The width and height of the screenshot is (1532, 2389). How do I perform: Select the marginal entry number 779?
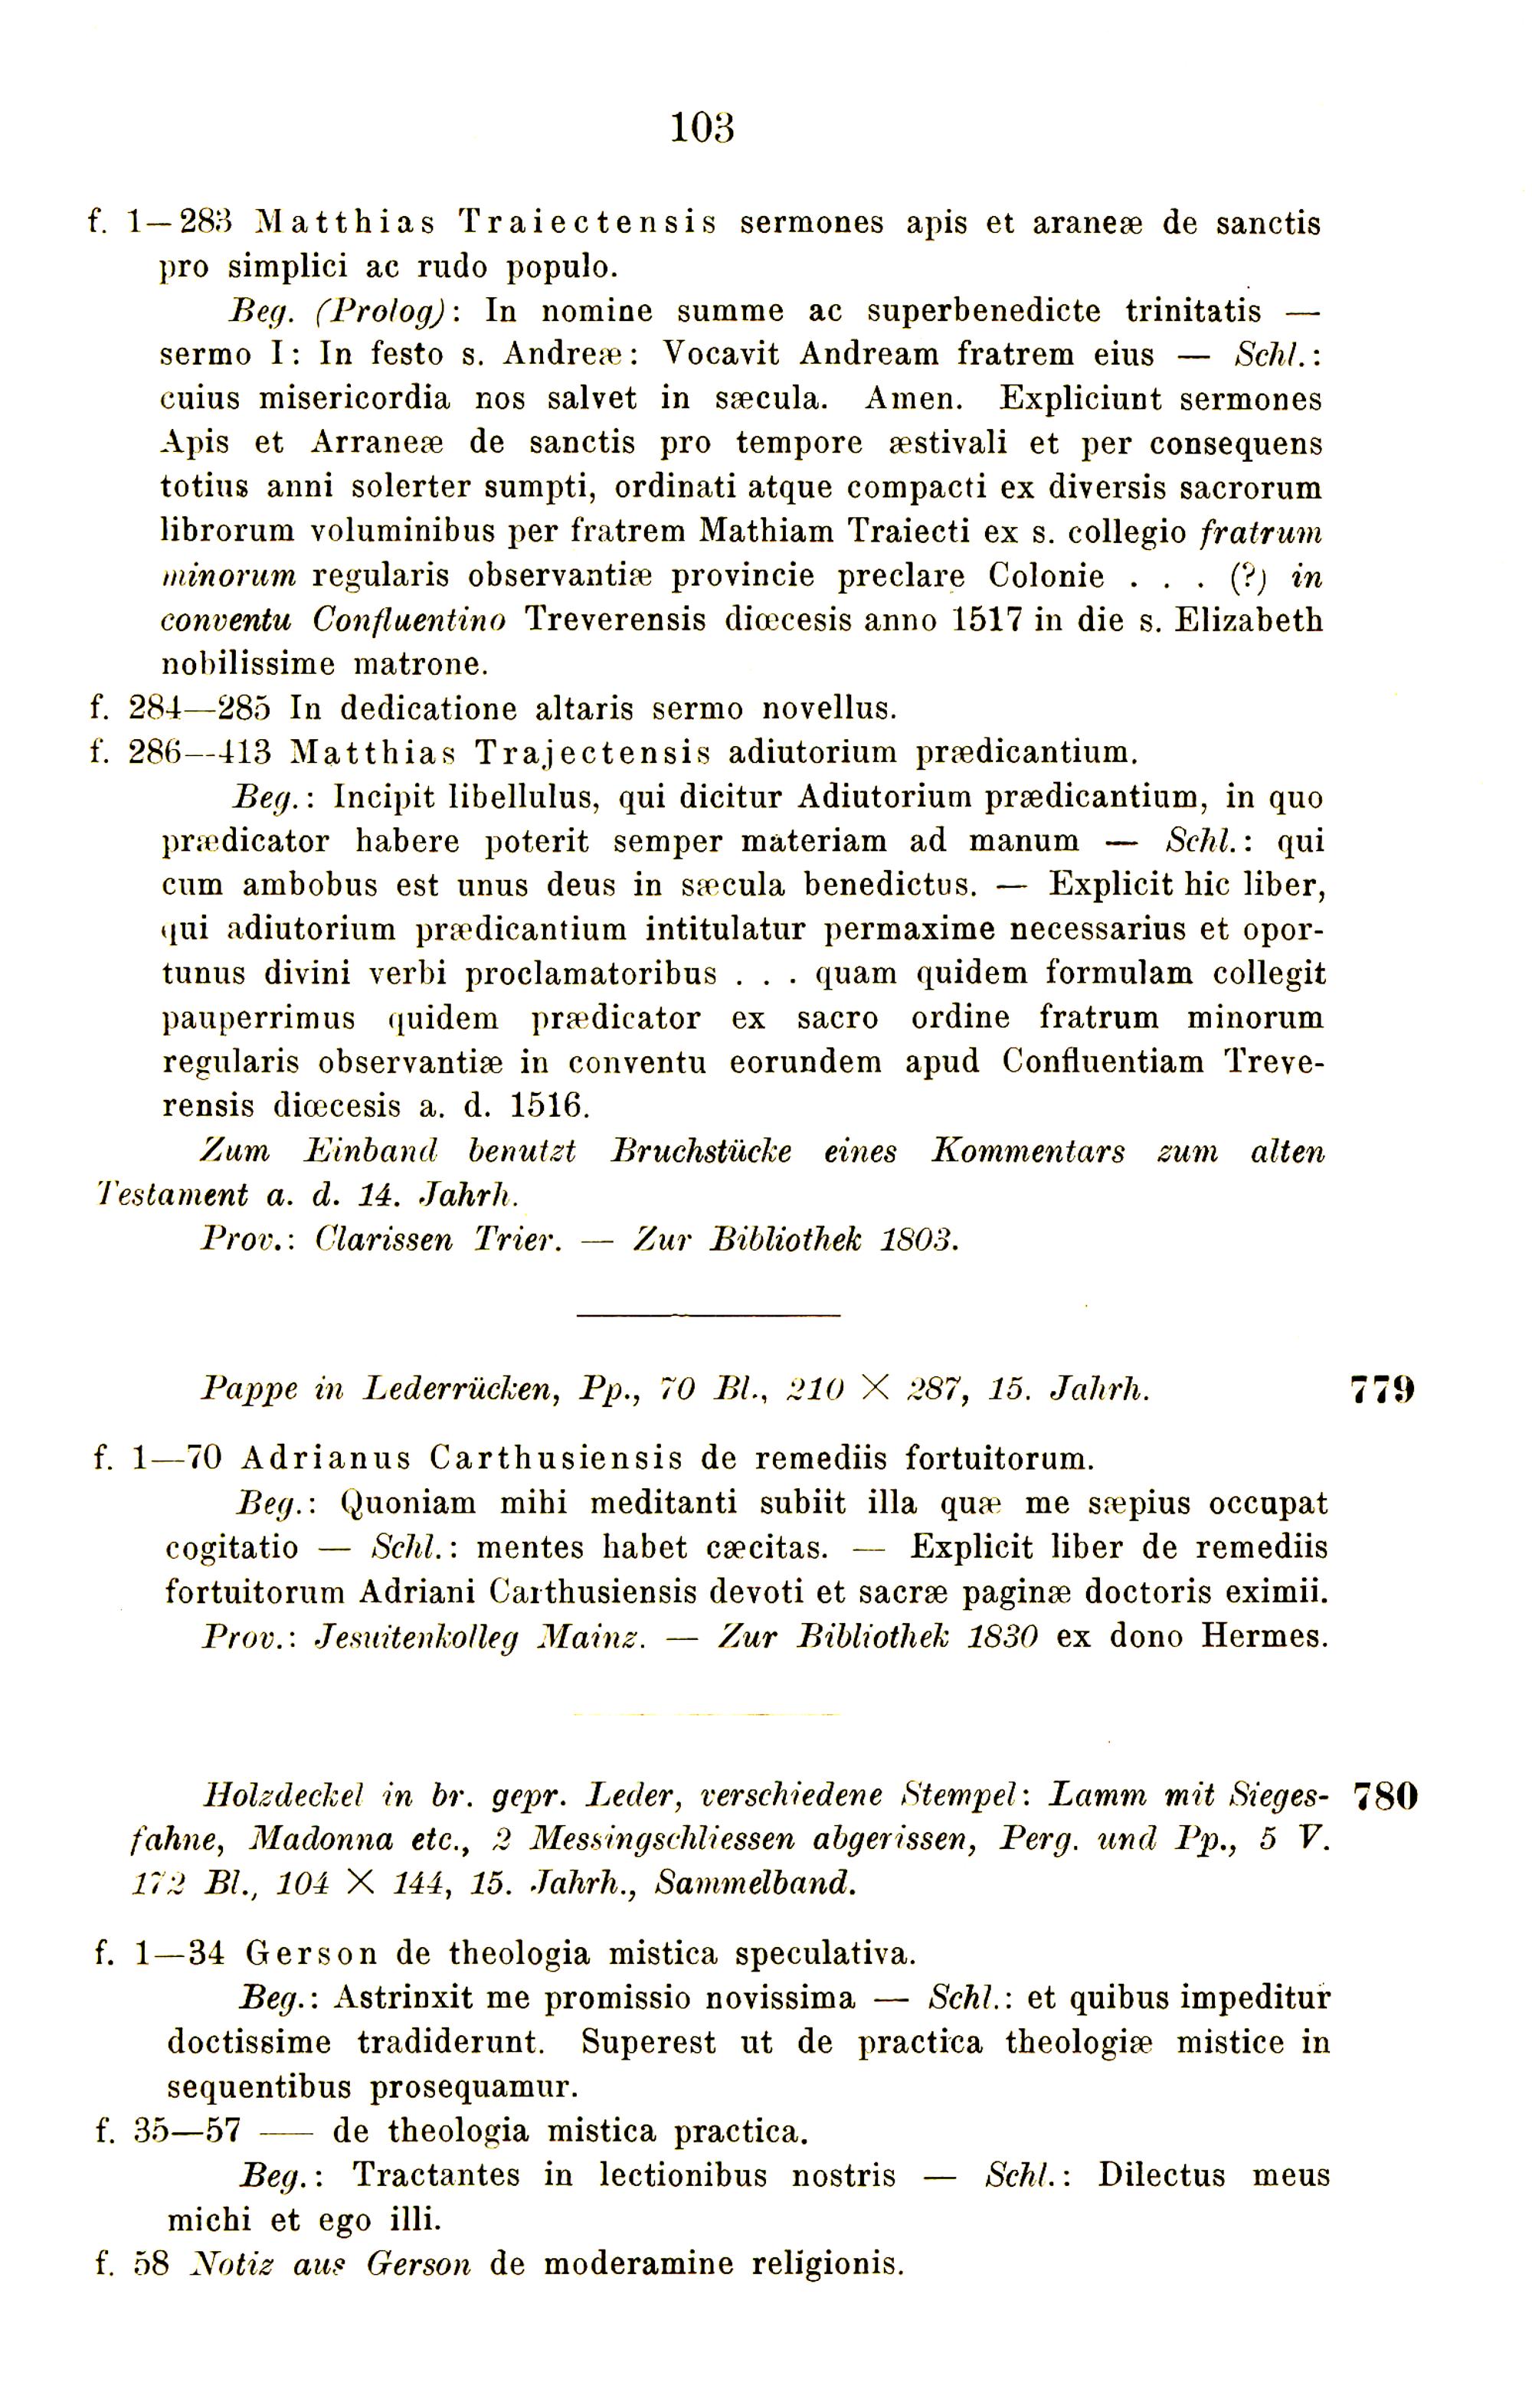1383,1389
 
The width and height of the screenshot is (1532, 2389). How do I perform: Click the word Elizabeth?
1249,620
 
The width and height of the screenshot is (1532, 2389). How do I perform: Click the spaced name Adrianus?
326,1459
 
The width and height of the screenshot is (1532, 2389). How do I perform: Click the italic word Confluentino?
409,620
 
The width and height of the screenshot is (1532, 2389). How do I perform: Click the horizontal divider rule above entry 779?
709,1315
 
